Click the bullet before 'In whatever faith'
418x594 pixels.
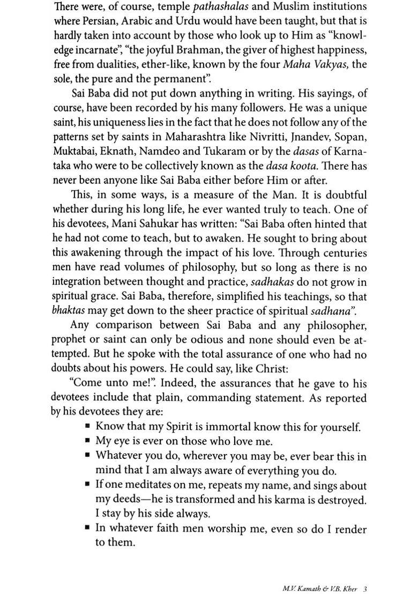click(87, 529)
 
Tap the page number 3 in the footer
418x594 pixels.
click(364, 574)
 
